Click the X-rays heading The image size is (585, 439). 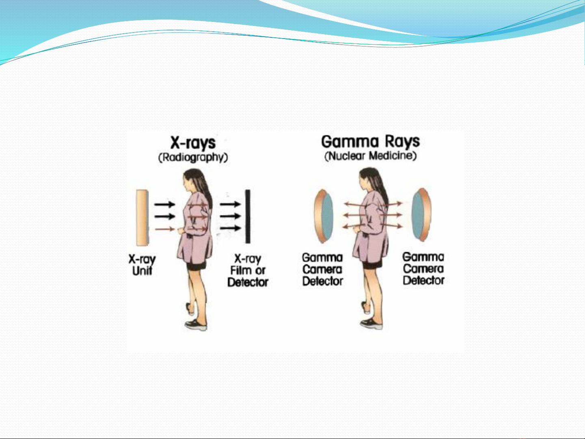tap(193, 143)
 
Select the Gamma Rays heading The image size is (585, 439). tap(370, 142)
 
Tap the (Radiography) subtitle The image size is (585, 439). tap(193, 157)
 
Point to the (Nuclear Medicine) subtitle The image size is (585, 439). tap(370, 156)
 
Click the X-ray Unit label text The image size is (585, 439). tap(142, 265)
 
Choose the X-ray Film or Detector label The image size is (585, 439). tap(248, 270)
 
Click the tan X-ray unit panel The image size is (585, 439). tap(142, 218)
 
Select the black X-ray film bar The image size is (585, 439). tap(248, 216)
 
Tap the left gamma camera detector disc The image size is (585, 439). tap(324, 216)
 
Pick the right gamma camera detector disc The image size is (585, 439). tap(421, 214)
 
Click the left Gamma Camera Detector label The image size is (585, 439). tap(322, 269)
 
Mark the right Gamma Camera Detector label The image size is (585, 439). tap(423, 268)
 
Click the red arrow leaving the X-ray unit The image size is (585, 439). tap(165, 229)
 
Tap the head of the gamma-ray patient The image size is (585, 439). tap(370, 179)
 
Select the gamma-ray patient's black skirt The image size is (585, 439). tap(372, 265)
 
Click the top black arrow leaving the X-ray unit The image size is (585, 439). tap(165, 204)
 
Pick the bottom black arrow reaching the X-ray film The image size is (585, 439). tap(230, 228)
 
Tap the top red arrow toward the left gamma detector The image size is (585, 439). tap(354, 205)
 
